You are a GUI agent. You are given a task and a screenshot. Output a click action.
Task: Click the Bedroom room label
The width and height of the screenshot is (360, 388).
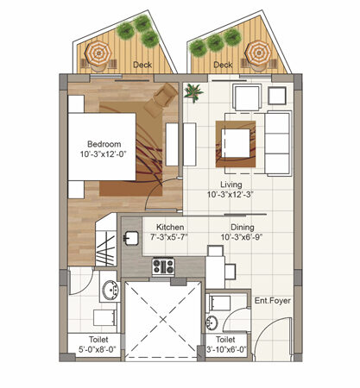point(104,144)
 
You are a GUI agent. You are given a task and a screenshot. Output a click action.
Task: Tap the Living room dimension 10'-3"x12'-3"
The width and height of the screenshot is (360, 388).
point(231,195)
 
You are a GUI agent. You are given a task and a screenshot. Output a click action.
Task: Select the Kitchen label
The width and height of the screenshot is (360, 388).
point(170,227)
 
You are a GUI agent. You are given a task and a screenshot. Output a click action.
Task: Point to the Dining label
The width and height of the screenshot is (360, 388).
point(243,228)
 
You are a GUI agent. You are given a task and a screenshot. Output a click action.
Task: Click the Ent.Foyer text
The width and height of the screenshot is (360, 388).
point(273,301)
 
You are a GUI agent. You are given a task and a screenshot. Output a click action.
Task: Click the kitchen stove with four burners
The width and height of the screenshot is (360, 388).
point(163,266)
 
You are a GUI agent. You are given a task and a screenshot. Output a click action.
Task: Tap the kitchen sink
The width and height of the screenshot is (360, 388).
point(131,238)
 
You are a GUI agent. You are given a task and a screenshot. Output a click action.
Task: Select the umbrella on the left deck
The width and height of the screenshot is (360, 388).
point(98,53)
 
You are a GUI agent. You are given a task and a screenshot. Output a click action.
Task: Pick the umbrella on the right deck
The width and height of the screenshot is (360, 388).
point(258,53)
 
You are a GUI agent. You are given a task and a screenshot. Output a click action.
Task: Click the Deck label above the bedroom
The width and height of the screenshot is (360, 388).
point(142,65)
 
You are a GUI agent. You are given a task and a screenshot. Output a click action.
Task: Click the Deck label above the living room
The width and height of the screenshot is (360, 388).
point(223,65)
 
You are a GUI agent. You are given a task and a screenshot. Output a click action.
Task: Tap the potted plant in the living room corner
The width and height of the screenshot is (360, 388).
point(193,92)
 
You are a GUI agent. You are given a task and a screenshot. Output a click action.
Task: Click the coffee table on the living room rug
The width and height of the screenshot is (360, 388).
point(236,143)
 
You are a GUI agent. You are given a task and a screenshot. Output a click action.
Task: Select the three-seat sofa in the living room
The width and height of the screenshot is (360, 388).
point(278,143)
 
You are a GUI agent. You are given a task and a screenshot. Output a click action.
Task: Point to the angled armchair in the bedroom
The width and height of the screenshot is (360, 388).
point(161,99)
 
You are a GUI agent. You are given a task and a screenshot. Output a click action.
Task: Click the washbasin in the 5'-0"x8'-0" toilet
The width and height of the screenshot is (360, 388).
point(111,290)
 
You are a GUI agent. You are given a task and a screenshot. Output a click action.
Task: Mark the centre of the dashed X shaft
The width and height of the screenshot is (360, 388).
point(163,319)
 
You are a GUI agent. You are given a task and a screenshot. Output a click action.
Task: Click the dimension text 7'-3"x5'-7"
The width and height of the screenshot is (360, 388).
point(170,237)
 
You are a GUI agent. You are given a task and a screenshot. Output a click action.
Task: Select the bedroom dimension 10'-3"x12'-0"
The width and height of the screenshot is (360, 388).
point(104,154)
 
